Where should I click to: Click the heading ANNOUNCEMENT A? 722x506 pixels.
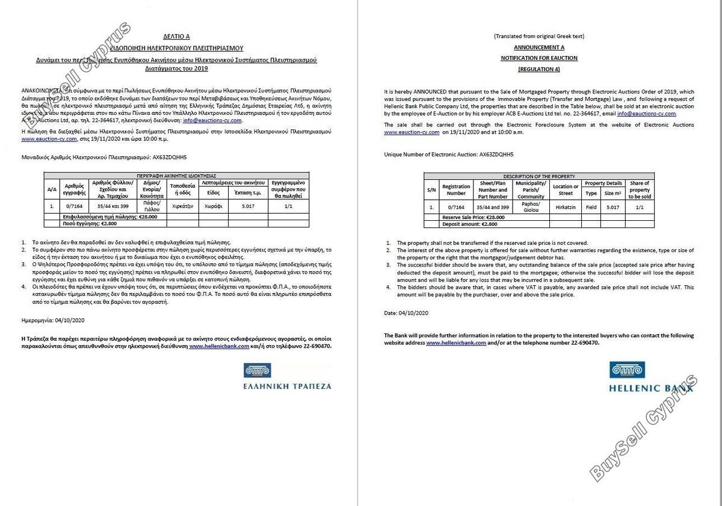(538, 47)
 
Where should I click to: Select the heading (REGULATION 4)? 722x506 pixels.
(538, 69)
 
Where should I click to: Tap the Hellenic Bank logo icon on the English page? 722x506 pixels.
(627, 370)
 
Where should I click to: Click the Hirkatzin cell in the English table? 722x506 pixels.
(566, 206)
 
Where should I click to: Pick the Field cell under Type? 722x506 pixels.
(591, 206)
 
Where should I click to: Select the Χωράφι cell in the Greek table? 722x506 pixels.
(214, 206)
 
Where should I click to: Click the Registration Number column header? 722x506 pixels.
(456, 190)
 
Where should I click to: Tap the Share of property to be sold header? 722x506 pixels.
(639, 190)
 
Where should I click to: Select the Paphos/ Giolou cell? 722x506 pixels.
(531, 206)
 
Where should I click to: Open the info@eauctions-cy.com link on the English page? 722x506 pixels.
(646, 113)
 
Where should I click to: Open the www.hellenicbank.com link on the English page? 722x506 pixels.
(455, 342)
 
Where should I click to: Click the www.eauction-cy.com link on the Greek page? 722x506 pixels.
(49, 139)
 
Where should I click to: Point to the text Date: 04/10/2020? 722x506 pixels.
(406, 313)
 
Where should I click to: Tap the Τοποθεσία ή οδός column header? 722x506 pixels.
(181, 189)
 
